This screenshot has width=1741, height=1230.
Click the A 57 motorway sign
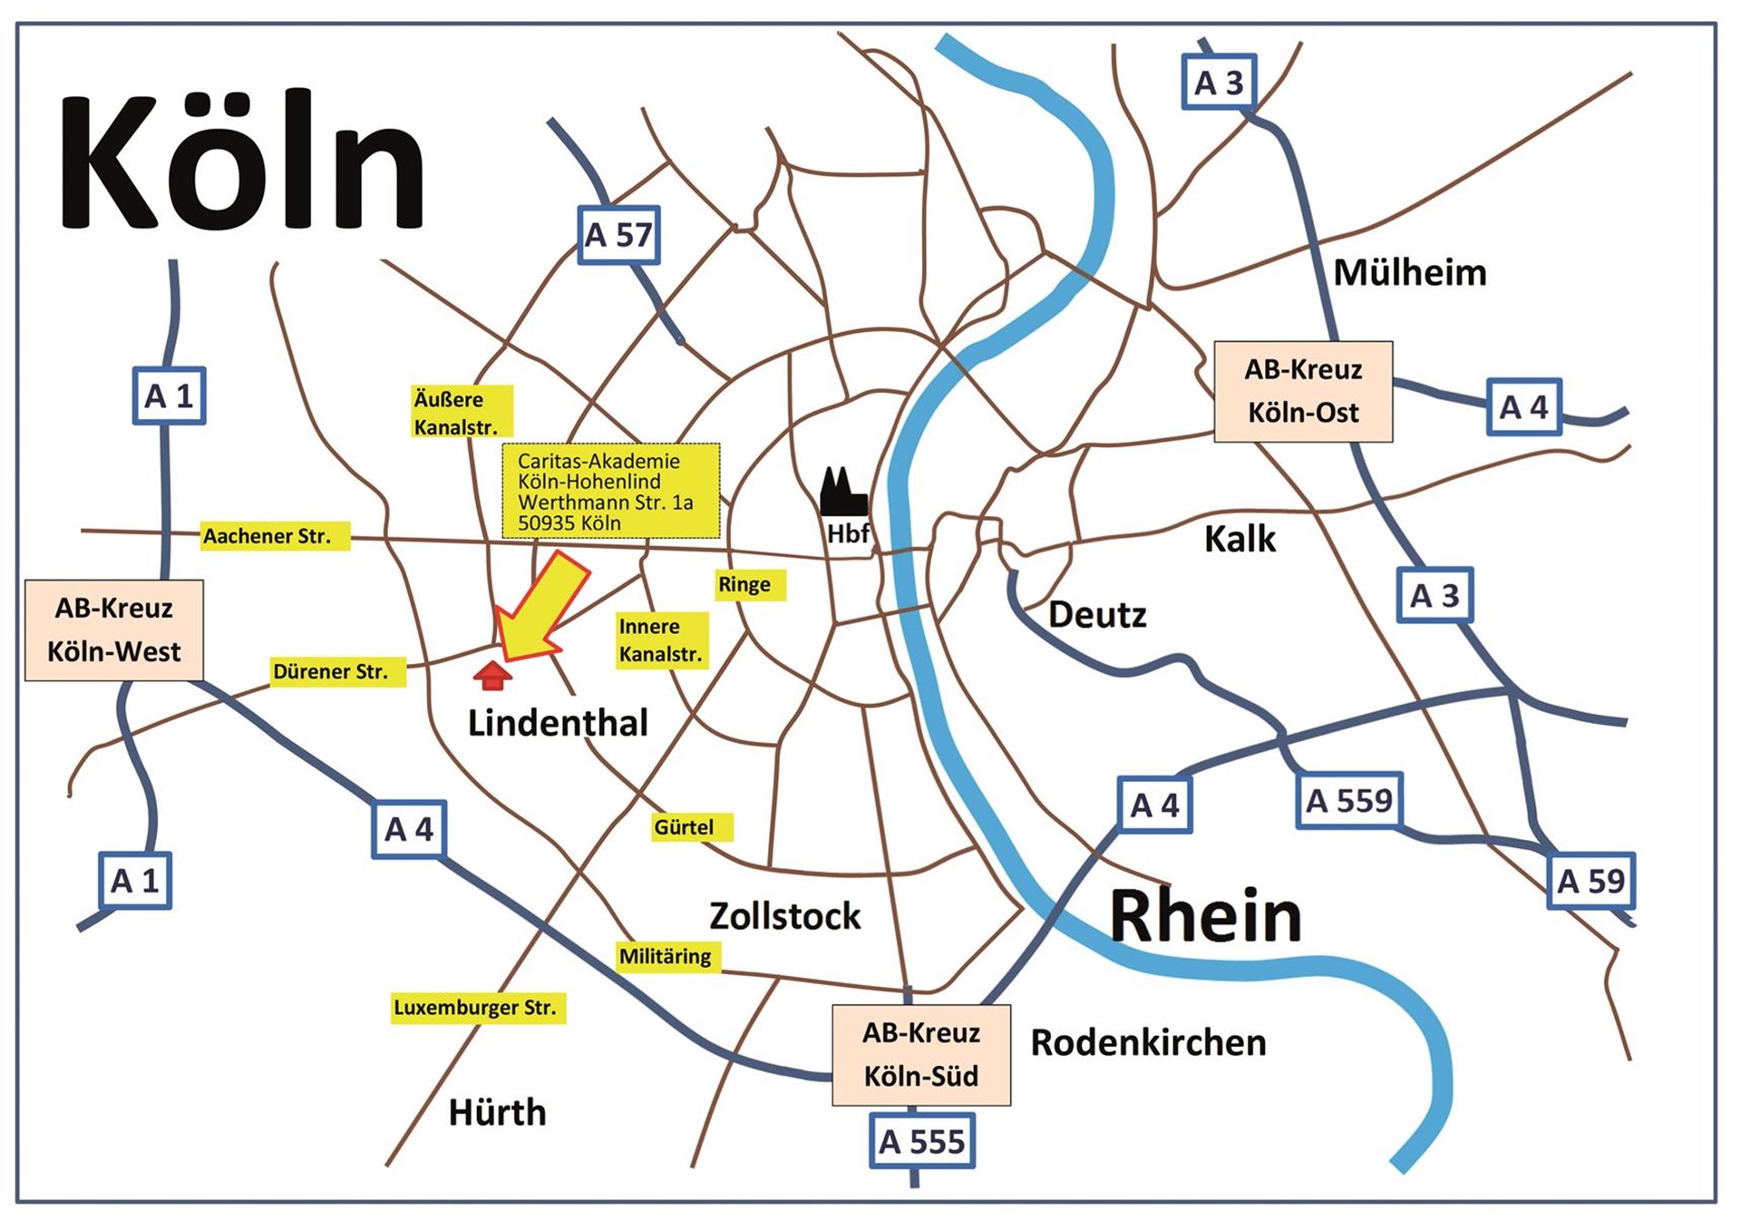tap(618, 236)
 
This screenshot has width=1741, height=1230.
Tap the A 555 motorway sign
tap(921, 1141)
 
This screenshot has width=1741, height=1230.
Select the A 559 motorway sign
tap(1349, 801)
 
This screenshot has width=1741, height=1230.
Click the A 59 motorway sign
tap(1590, 881)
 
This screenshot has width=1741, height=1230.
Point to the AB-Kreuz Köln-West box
tap(114, 630)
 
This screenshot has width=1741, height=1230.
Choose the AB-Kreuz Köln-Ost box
tap(1303, 392)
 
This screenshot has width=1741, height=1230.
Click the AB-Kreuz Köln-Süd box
tap(921, 1055)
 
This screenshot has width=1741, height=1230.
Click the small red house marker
tap(492, 676)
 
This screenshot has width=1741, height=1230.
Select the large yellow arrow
tap(540, 608)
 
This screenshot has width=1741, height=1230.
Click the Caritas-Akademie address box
tap(611, 491)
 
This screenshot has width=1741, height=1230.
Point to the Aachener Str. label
tap(275, 536)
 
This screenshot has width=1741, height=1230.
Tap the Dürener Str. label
tap(337, 672)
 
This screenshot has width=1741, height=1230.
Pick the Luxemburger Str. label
tap(478, 1008)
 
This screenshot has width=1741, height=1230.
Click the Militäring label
tap(668, 957)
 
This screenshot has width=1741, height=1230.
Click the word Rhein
tap(1205, 916)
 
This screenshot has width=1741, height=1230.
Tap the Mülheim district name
tap(1409, 272)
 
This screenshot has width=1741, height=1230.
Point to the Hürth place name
tap(497, 1112)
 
